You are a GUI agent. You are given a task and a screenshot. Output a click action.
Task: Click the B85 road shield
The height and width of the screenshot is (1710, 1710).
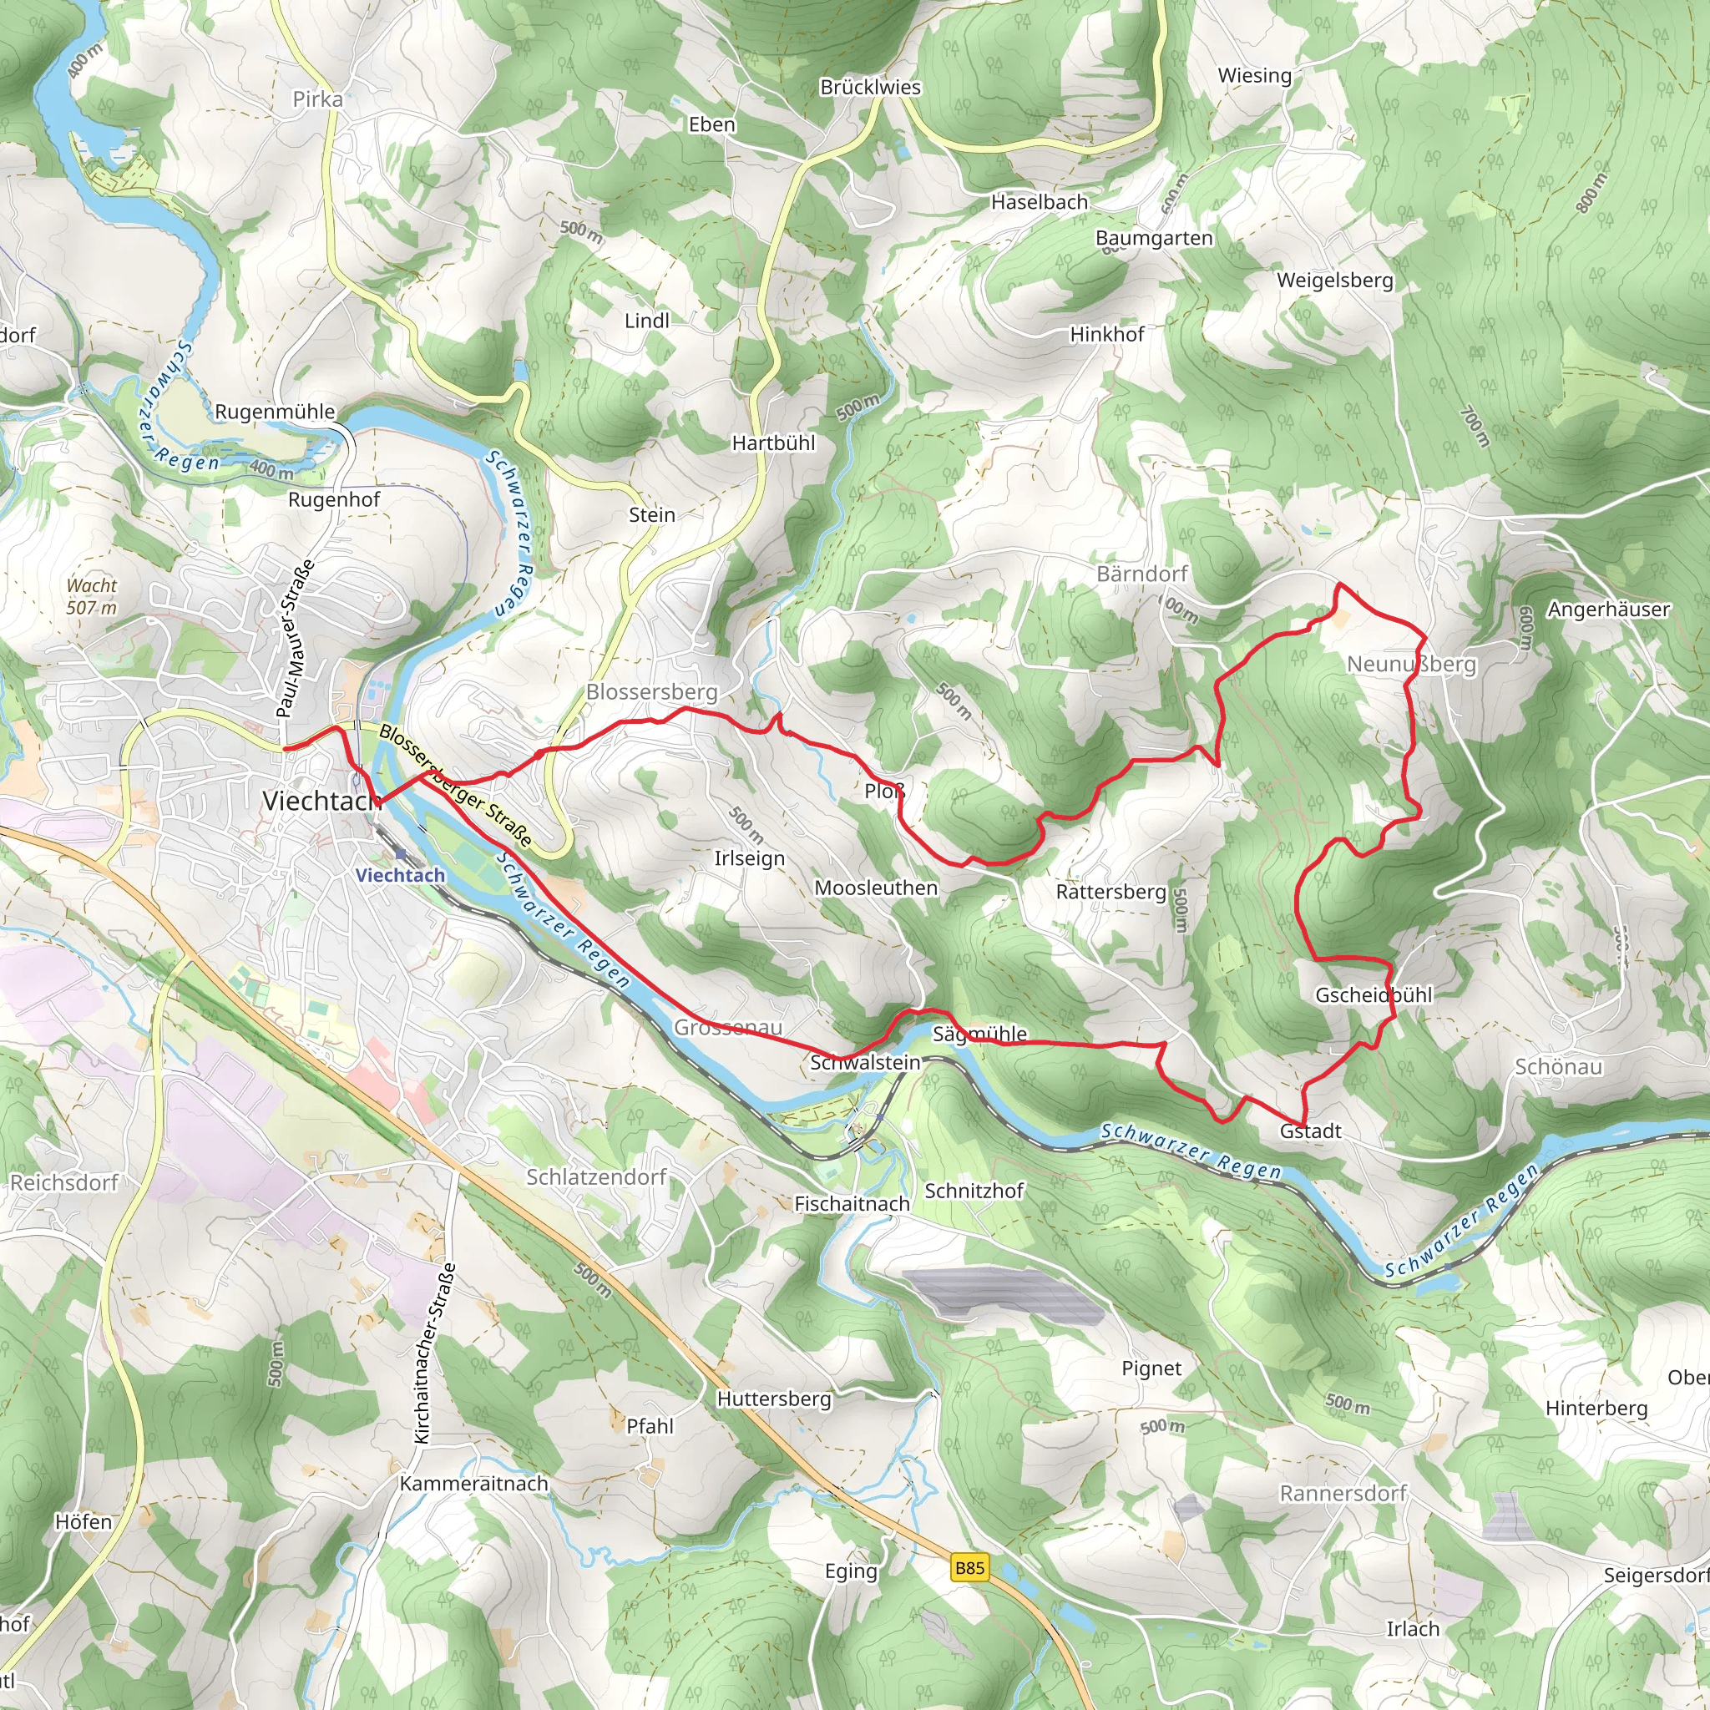pyautogui.click(x=969, y=1568)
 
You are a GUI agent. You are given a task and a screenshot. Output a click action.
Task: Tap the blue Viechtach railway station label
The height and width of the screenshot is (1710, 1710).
pyautogui.click(x=400, y=875)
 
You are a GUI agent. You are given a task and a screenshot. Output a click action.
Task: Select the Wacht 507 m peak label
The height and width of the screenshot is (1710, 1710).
pyautogui.click(x=91, y=596)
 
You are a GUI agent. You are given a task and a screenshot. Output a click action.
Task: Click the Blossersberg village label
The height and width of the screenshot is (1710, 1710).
pyautogui.click(x=652, y=692)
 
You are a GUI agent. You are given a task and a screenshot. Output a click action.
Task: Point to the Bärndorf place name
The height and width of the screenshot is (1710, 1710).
pyautogui.click(x=1141, y=574)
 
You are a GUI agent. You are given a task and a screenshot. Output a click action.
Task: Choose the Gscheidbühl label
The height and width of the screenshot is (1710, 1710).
pyautogui.click(x=1373, y=994)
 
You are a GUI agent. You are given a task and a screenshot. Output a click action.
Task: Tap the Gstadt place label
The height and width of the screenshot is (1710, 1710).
pyautogui.click(x=1310, y=1131)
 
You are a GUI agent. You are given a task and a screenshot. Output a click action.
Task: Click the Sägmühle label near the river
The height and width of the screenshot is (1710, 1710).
pyautogui.click(x=979, y=1034)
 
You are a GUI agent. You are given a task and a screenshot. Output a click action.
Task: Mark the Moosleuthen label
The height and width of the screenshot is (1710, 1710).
pyautogui.click(x=875, y=888)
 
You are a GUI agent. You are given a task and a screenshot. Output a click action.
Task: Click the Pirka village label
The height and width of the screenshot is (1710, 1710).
pyautogui.click(x=318, y=99)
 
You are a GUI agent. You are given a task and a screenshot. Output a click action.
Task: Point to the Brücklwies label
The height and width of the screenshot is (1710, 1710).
pyautogui.click(x=870, y=88)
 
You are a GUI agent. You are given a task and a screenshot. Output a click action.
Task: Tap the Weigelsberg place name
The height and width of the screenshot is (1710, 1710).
pyautogui.click(x=1335, y=281)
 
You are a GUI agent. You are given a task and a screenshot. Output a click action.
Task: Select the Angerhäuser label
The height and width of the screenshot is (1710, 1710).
pyautogui.click(x=1608, y=609)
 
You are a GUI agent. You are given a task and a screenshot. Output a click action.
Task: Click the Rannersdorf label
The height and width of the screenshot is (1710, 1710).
pyautogui.click(x=1343, y=1493)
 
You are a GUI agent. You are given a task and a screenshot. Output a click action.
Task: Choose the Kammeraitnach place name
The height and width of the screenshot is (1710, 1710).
pyautogui.click(x=473, y=1484)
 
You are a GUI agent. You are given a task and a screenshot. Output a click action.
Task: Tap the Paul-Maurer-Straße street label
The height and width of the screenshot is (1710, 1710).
pyautogui.click(x=296, y=638)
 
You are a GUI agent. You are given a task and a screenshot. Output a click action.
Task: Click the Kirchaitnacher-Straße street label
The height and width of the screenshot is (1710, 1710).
pyautogui.click(x=436, y=1353)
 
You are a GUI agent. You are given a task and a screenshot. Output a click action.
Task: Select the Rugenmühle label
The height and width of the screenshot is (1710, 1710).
pyautogui.click(x=276, y=412)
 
